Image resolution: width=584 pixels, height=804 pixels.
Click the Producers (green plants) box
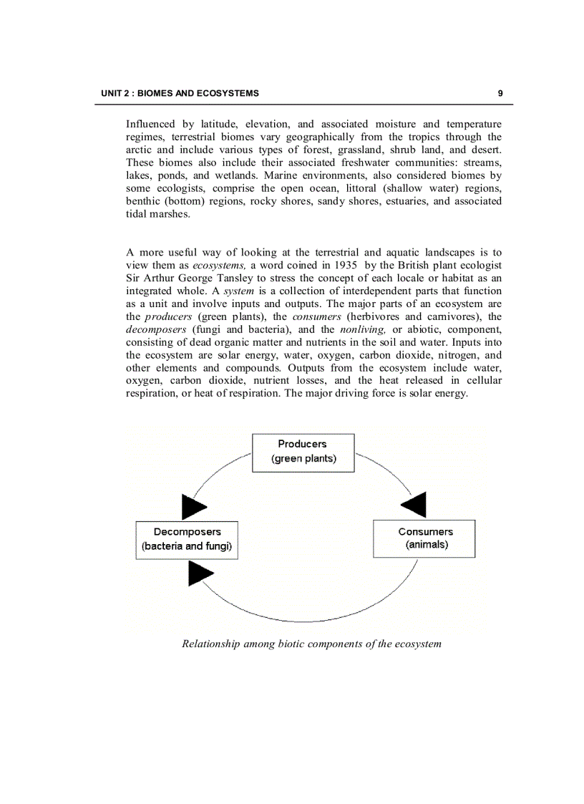pyautogui.click(x=303, y=452)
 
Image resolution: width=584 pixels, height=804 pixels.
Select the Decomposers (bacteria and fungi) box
pyautogui.click(x=187, y=539)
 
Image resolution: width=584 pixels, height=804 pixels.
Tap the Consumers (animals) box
pyautogui.click(x=424, y=538)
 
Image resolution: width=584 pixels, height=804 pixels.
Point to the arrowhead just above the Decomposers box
pyautogui.click(x=193, y=506)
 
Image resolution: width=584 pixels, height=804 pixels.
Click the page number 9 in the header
pyautogui.click(x=500, y=93)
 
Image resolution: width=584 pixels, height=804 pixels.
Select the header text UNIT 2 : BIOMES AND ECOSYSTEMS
pyautogui.click(x=180, y=93)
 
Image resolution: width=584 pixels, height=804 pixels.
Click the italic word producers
pyautogui.click(x=168, y=316)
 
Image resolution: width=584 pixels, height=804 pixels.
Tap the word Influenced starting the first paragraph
pyautogui.click(x=150, y=124)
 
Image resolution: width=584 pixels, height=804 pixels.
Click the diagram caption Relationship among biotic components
pyautogui.click(x=311, y=644)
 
